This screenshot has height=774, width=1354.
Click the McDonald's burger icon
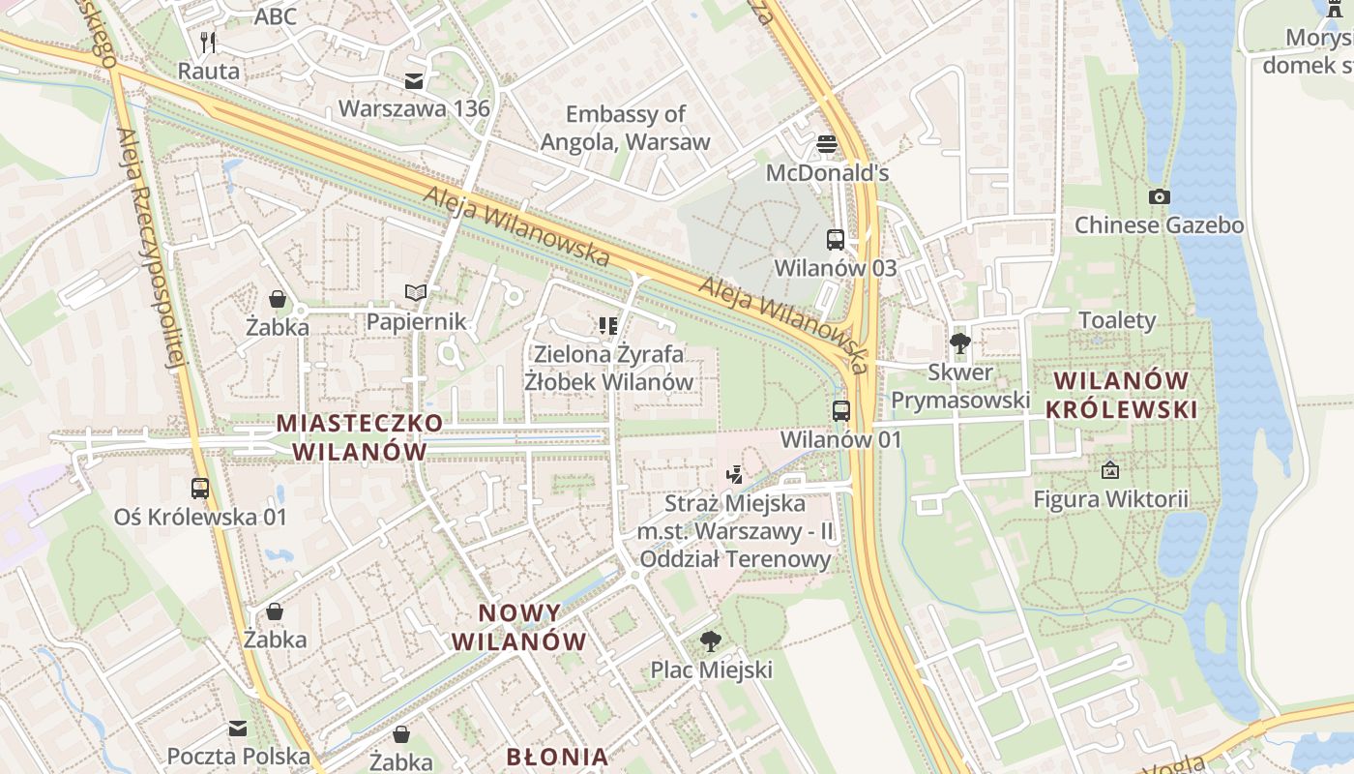826,144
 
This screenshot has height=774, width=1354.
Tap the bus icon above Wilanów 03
835,239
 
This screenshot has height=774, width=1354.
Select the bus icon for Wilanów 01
840,410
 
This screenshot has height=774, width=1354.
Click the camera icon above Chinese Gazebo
1159,196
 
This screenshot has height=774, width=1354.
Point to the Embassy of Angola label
625,128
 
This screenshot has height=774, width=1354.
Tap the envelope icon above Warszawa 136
414,80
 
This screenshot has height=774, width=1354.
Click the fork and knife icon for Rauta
208,42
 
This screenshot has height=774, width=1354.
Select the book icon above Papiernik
416,292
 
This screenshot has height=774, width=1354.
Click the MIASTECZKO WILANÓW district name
360,436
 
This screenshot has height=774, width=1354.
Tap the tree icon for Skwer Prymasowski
960,342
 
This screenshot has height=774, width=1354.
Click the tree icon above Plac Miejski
711,640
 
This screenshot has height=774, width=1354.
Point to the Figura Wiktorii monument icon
1110,470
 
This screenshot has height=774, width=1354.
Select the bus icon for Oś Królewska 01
200,488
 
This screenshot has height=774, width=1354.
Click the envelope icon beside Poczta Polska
238,728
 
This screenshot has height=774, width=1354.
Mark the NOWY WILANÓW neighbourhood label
518,627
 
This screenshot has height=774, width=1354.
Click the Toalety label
1117,320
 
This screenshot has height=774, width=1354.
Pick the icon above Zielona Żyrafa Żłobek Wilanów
607,325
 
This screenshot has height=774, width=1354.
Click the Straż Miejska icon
735,474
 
